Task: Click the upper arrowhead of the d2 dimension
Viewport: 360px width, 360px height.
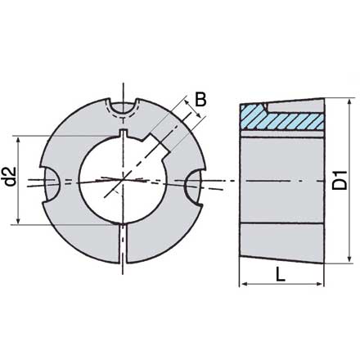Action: [19, 135]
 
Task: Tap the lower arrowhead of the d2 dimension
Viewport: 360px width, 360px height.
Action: [19, 220]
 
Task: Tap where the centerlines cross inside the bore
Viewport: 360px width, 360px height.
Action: [124, 178]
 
